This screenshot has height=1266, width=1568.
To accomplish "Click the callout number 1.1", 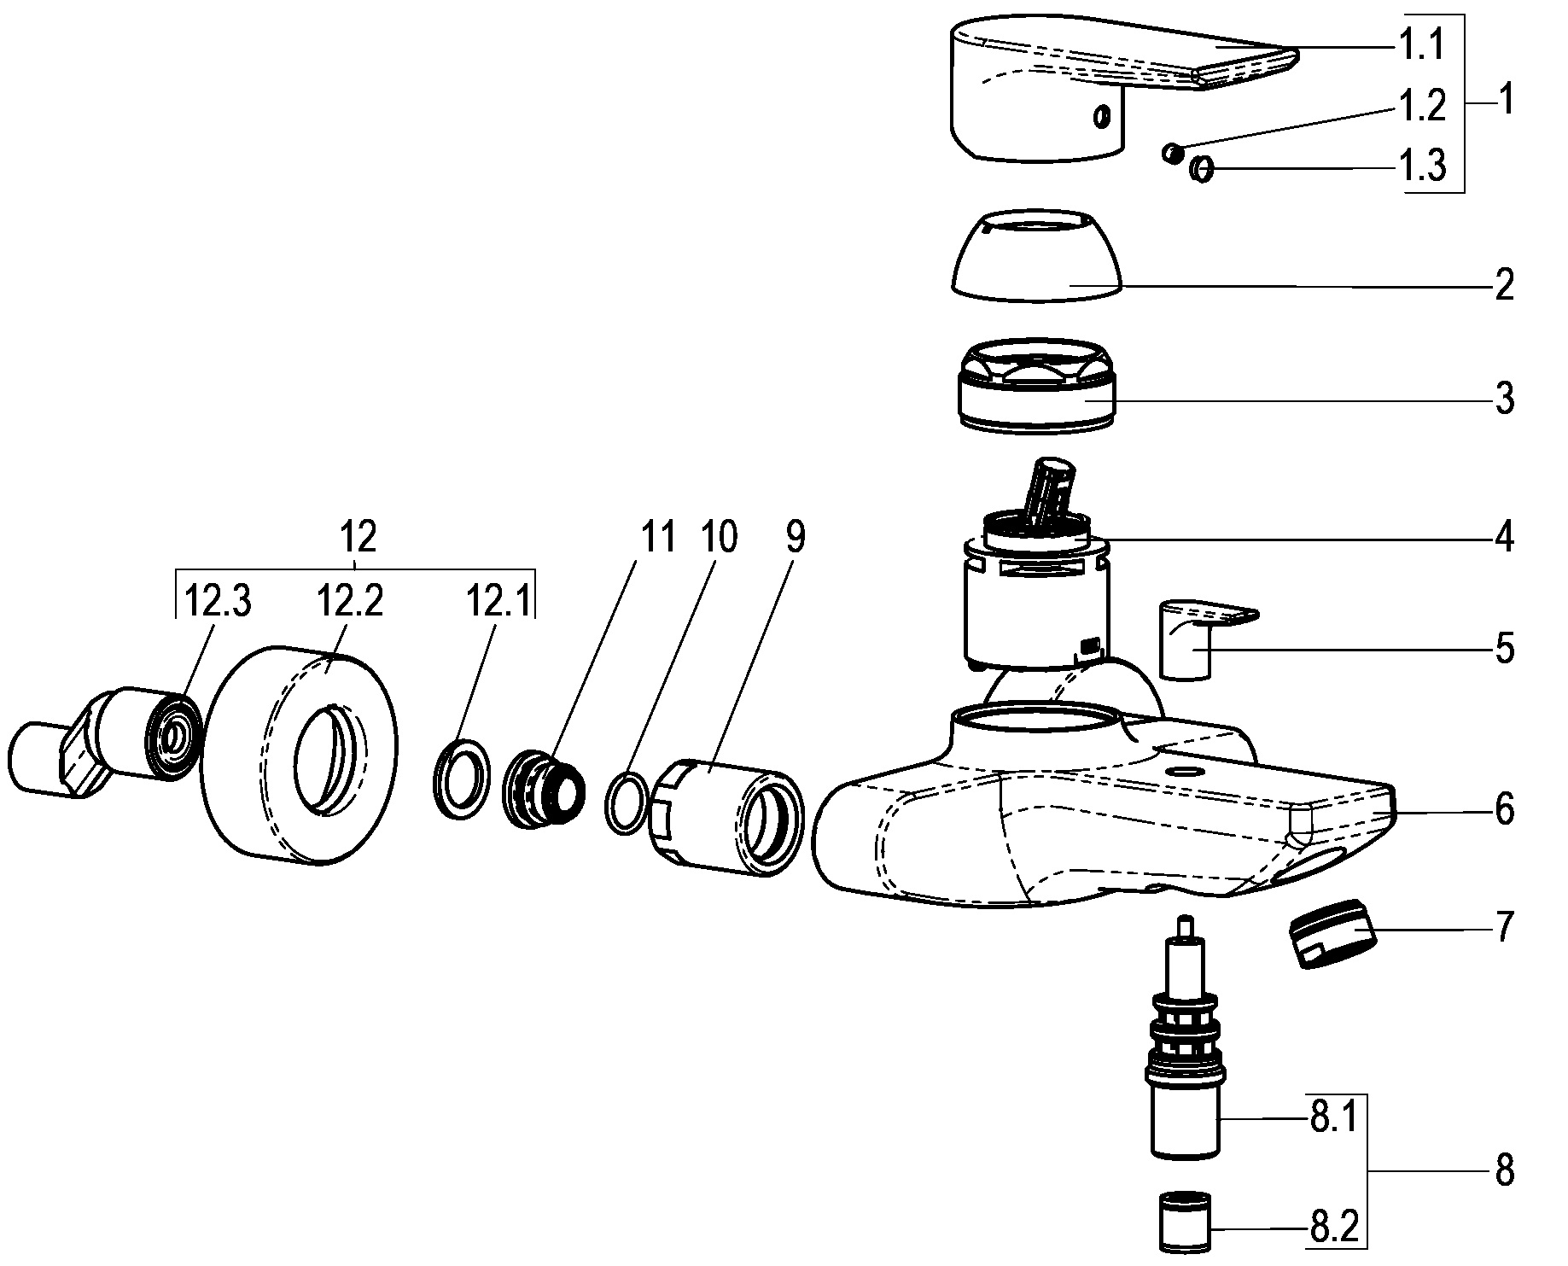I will click(x=1421, y=44).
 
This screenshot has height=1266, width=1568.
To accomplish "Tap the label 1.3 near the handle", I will click(x=1421, y=166).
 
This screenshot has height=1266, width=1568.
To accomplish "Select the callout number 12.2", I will click(x=349, y=604).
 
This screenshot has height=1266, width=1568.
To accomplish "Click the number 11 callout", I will click(x=657, y=539).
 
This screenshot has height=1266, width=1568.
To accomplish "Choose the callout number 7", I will click(x=1504, y=926).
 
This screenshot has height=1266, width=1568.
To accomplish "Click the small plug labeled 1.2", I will click(x=1172, y=154).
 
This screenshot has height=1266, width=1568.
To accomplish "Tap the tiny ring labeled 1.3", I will click(x=1201, y=169).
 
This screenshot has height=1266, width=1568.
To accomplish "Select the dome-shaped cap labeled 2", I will click(x=1037, y=256).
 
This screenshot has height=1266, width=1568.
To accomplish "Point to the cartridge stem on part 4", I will click(x=1052, y=491).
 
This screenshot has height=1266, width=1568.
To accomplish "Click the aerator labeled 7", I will click(x=1332, y=933).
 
